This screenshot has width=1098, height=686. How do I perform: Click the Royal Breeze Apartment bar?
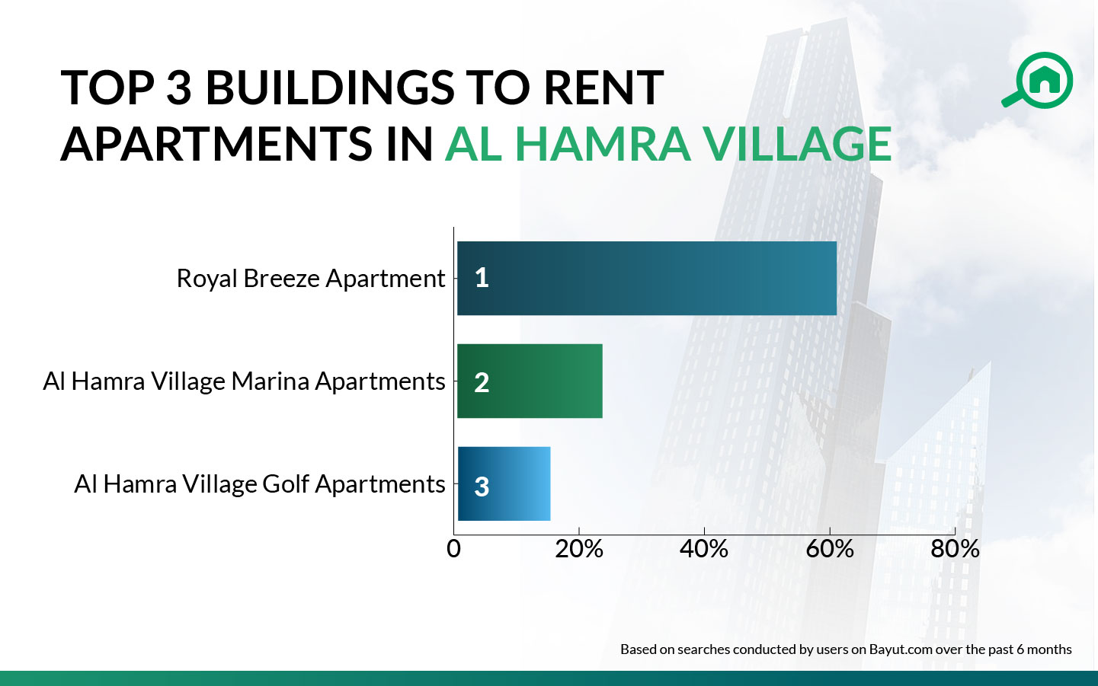click(x=646, y=278)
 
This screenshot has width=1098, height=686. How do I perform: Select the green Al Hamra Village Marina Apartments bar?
click(x=530, y=381)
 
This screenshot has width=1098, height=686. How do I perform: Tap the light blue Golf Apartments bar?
click(x=504, y=483)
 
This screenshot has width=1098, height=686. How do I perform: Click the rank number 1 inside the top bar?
click(x=482, y=278)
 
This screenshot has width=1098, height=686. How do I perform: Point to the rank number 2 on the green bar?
click(x=482, y=382)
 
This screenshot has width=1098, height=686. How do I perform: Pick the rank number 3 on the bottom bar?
click(x=482, y=487)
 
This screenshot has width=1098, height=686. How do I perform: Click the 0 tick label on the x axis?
click(x=453, y=549)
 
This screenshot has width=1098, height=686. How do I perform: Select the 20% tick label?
click(x=578, y=549)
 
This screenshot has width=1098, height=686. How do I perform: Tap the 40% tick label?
click(x=704, y=549)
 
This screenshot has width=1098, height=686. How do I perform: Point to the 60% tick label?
click(x=829, y=549)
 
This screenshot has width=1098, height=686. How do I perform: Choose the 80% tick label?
click(x=955, y=549)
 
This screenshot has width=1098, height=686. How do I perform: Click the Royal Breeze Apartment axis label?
click(x=310, y=279)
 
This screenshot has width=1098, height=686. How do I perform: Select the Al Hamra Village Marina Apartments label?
click(x=244, y=381)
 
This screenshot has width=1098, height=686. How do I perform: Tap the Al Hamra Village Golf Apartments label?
click(x=259, y=484)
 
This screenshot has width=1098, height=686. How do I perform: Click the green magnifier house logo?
click(x=1039, y=79)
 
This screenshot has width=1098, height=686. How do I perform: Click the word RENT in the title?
click(x=603, y=88)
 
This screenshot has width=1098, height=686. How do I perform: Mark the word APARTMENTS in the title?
click(x=217, y=144)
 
